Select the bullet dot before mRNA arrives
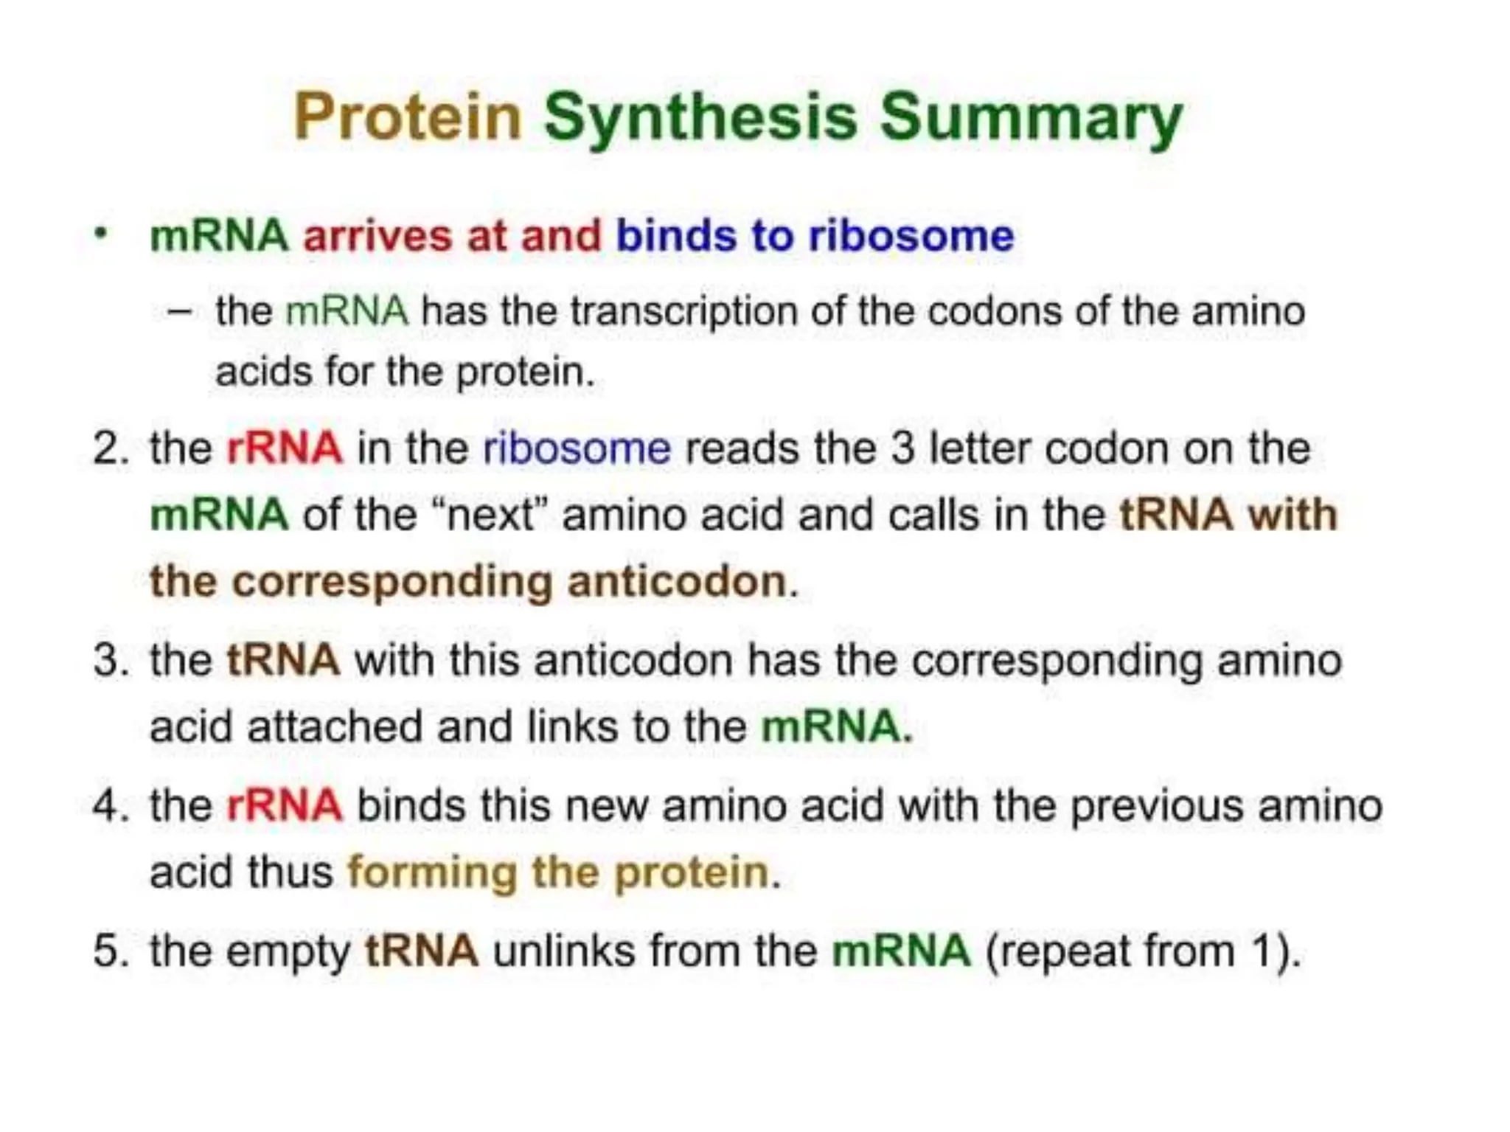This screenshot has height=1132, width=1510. click(102, 235)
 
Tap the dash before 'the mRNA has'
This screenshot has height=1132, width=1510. click(180, 311)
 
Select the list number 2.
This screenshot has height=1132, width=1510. click(109, 448)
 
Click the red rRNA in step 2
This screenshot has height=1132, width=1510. click(285, 448)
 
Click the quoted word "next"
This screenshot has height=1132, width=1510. click(490, 514)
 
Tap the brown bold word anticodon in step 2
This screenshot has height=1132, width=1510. click(677, 581)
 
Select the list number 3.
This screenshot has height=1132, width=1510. click(109, 659)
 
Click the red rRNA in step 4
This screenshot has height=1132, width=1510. click(285, 805)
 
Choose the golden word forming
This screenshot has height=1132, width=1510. click(431, 872)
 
